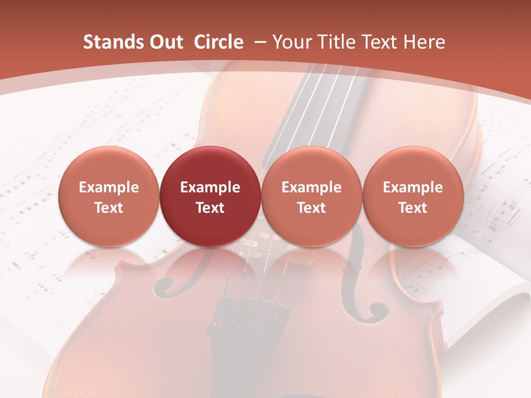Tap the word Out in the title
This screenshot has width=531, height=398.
pos(165,42)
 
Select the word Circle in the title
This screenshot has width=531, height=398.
pos(218,42)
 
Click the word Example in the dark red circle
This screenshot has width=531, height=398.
pos(210,187)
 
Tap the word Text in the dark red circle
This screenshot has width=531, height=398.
pos(210,208)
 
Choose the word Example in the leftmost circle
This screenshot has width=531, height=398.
pos(109,187)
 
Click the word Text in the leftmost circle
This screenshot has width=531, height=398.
pos(109,208)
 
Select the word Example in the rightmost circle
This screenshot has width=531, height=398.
pos(413,187)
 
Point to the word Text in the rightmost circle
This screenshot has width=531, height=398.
pos(413,208)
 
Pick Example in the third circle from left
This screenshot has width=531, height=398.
pos(311,187)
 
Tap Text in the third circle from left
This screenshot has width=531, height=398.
pos(311,208)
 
